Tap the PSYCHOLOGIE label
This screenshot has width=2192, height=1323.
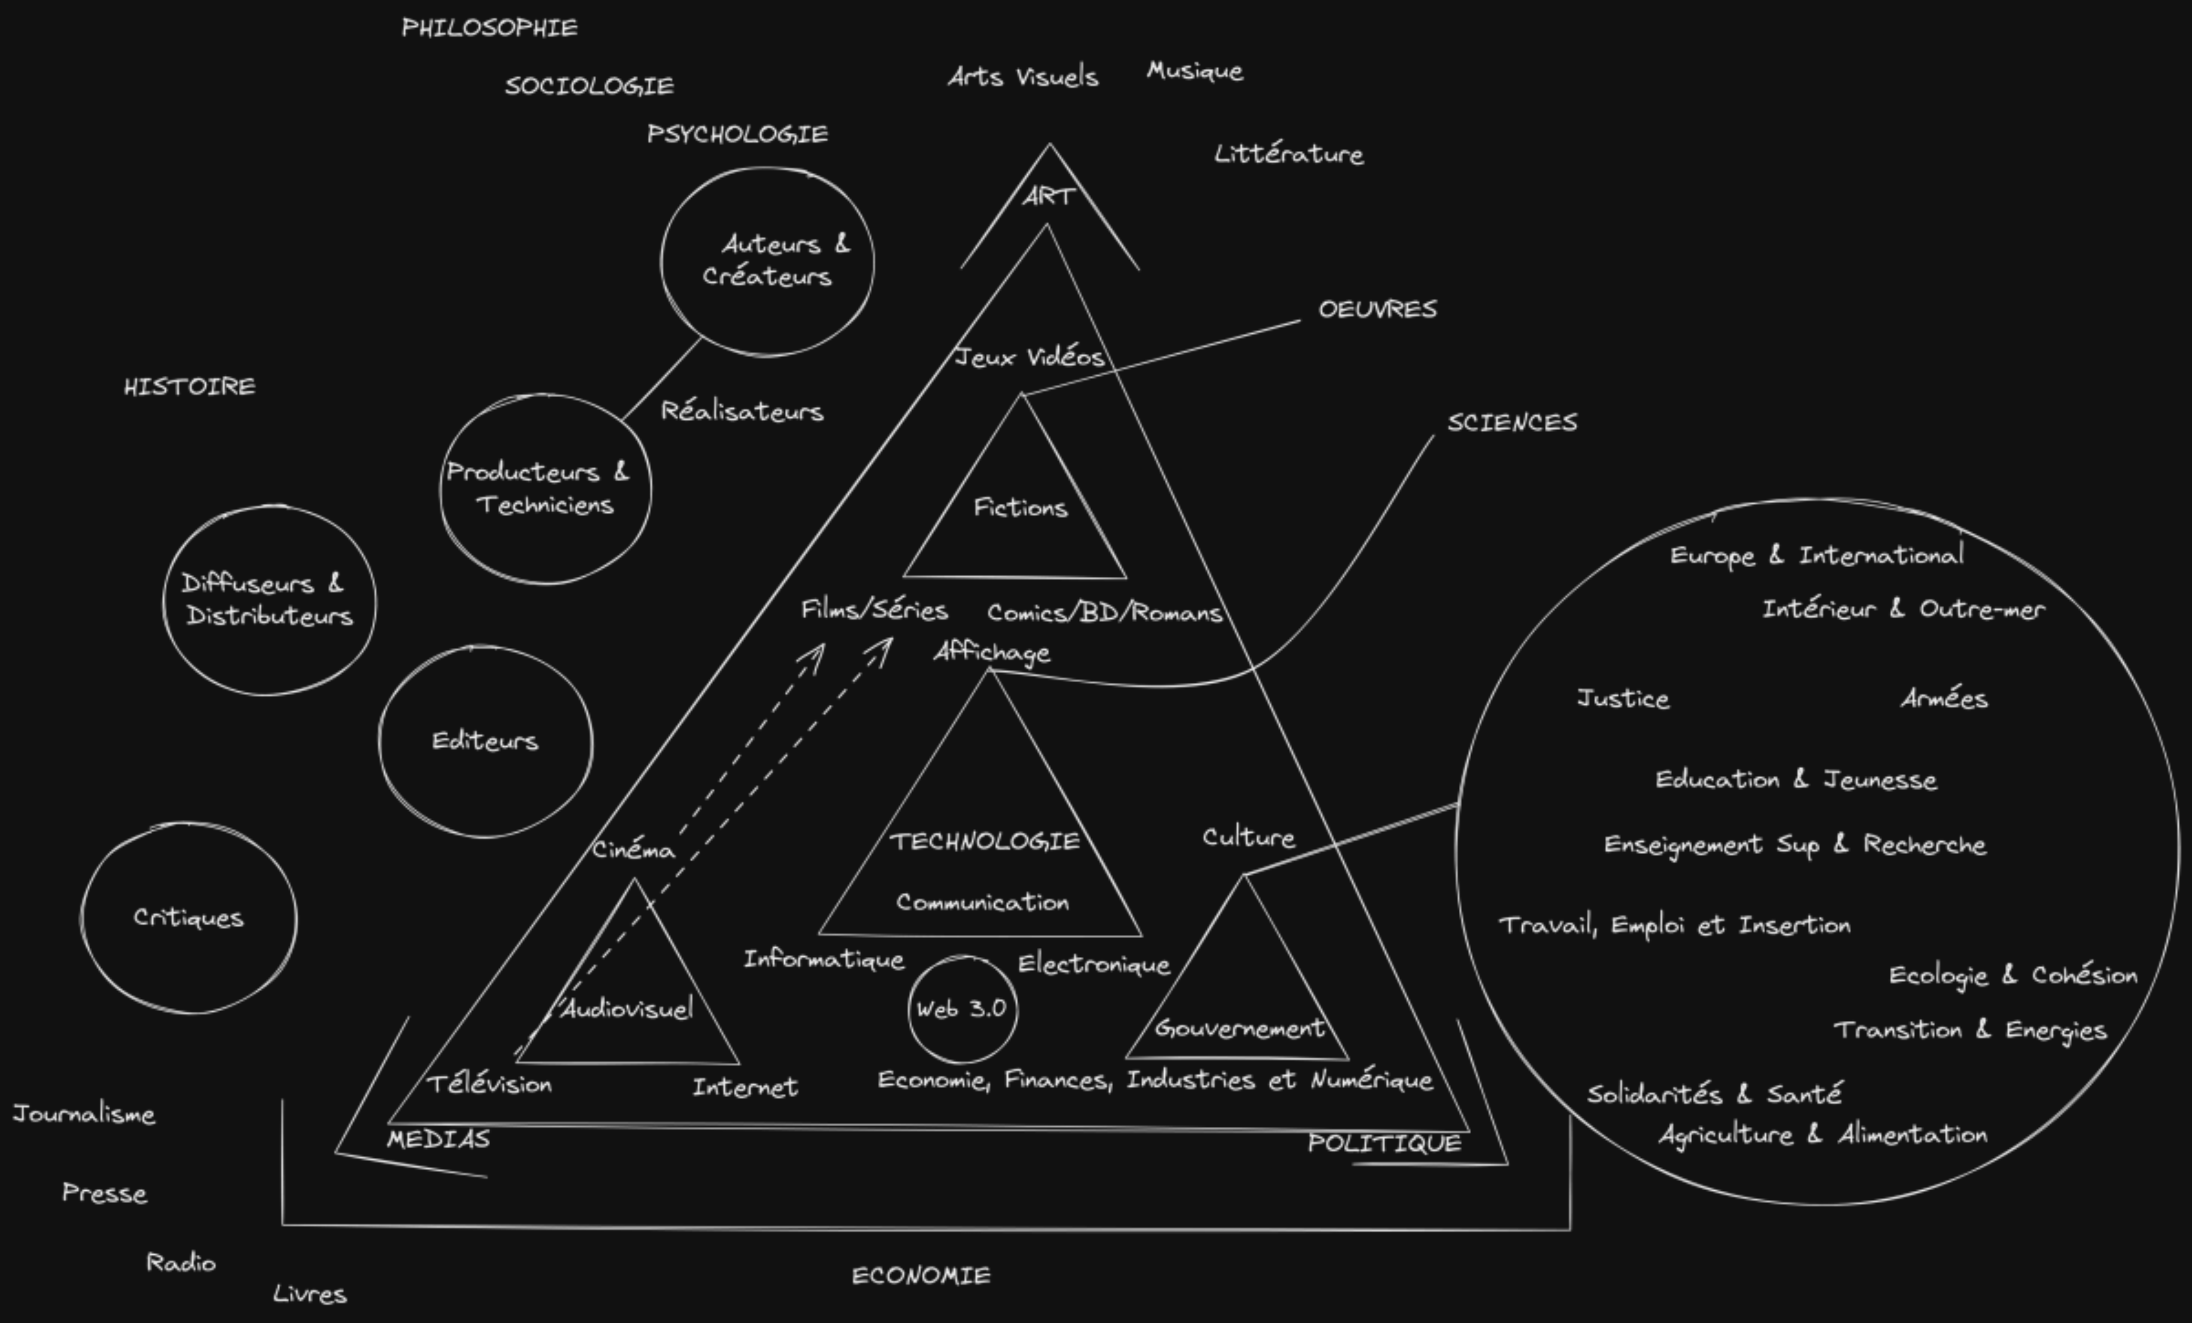pos(738,134)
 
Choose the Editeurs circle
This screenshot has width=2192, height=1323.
pos(485,741)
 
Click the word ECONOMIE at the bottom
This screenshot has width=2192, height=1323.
pos(921,1276)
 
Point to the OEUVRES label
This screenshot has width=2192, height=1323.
pos(1377,310)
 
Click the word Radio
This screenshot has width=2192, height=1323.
pos(181,1262)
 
